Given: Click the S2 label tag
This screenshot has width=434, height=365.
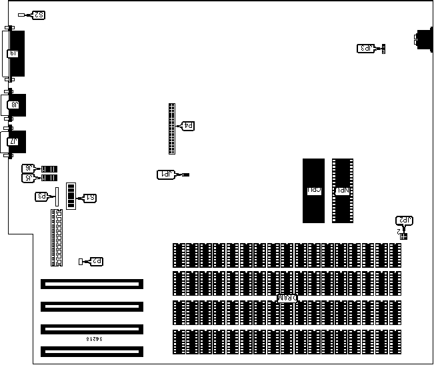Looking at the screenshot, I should [x=39, y=15].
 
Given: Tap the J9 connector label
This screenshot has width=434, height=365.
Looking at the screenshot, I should [x=13, y=53].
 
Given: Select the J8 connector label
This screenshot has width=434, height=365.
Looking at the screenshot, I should [x=13, y=105].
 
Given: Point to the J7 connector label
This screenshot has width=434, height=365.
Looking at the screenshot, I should [x=13, y=141].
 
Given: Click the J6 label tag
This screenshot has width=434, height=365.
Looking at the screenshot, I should [x=29, y=169].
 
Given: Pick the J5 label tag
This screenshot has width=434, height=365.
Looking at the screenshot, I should [x=29, y=178].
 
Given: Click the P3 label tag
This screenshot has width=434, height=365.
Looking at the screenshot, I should [x=41, y=196].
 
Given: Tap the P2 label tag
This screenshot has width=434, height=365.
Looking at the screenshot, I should [x=95, y=262].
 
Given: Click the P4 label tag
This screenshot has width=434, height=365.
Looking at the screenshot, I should [x=188, y=126].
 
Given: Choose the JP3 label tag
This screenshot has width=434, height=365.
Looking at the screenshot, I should [x=366, y=48].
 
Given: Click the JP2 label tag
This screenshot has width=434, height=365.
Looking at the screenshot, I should [x=404, y=220].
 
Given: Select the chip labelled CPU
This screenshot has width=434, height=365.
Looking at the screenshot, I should [x=313, y=190].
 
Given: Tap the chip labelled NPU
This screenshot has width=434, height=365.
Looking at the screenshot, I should [x=342, y=190].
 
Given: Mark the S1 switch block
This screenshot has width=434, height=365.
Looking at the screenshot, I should [x=70, y=198].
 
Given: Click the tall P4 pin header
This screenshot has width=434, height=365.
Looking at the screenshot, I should [x=172, y=129].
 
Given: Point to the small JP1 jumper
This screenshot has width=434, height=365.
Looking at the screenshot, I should [x=185, y=175].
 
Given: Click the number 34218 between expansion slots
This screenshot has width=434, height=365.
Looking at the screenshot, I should [x=93, y=340].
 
